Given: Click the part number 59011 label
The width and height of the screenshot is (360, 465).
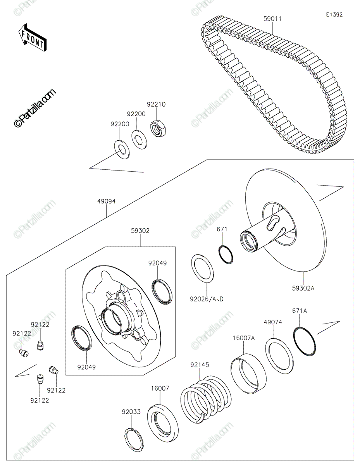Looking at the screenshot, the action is click(x=272, y=19).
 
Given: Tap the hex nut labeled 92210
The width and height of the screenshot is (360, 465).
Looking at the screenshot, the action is click(x=159, y=128).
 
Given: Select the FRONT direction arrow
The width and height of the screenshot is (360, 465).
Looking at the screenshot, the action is click(x=32, y=38).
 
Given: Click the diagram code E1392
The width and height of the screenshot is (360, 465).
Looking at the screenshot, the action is click(x=334, y=15).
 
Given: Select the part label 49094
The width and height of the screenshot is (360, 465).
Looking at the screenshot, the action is click(x=106, y=201).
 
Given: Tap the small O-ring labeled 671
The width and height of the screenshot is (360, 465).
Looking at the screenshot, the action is click(x=226, y=255).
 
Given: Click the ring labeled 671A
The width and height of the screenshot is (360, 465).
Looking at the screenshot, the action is click(x=305, y=341).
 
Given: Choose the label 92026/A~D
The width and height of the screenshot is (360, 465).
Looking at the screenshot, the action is click(x=207, y=299).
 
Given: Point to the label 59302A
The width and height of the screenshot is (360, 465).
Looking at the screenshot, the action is click(x=303, y=288).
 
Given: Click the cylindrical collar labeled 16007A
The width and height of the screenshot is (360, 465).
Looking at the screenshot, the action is click(x=248, y=374).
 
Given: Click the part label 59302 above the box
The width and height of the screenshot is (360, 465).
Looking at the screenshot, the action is click(x=140, y=231).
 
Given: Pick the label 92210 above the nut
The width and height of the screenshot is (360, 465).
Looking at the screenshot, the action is click(x=156, y=104).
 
